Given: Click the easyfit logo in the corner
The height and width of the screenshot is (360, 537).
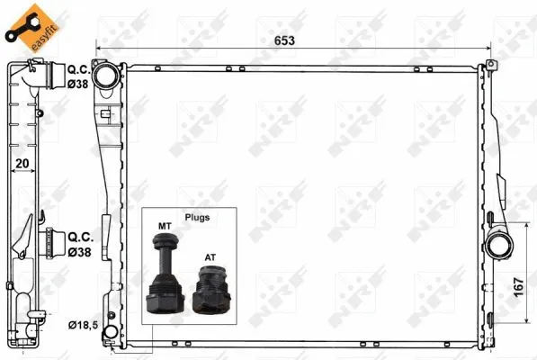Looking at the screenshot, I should (26, 26).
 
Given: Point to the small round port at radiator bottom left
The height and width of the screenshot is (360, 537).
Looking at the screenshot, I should (109, 335).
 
